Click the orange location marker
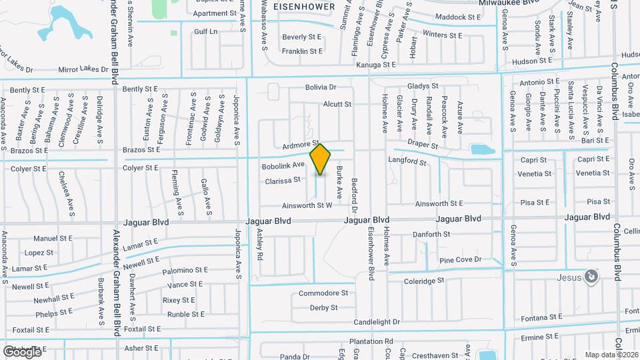click(x=321, y=159)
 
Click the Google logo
click(x=21, y=351)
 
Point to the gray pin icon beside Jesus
click(x=590, y=275)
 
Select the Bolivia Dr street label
click(x=321, y=87)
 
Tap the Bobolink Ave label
click(x=283, y=165)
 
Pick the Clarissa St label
click(x=283, y=180)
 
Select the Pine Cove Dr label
click(x=460, y=259)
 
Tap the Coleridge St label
click(x=423, y=281)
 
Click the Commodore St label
click(x=323, y=293)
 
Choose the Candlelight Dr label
click(x=377, y=321)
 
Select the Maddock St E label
click(x=457, y=17)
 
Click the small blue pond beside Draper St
click(x=482, y=149)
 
